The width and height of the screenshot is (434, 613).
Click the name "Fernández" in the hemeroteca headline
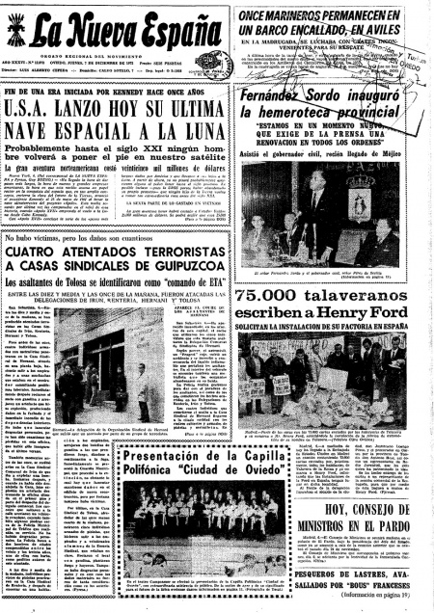click(297, 99)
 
